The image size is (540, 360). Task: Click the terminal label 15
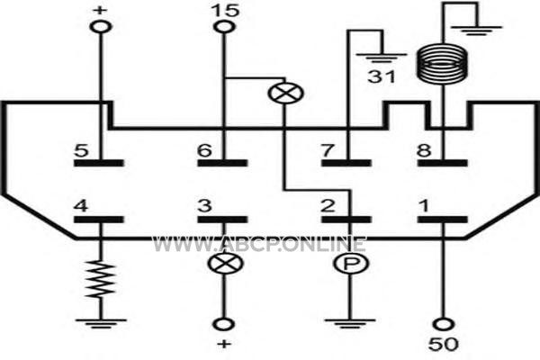225,10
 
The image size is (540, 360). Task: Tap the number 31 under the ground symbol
382,76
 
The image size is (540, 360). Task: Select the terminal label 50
443,344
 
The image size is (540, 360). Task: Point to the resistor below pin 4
101,279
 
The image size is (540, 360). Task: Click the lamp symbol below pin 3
225,264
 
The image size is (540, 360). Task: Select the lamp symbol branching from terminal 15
286,93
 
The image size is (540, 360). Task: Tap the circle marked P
351,264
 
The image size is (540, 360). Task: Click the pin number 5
81,150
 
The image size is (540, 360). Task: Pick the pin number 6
204,150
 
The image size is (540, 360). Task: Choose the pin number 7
328,150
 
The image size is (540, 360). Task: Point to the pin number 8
424,150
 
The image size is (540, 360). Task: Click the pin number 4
81,206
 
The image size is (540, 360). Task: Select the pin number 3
204,206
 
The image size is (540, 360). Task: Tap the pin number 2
328,206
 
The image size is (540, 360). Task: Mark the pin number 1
424,206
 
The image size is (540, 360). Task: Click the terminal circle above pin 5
101,26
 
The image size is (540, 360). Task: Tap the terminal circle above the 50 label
443,324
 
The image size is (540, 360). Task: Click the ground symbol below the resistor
101,324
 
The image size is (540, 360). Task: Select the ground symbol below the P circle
350,324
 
